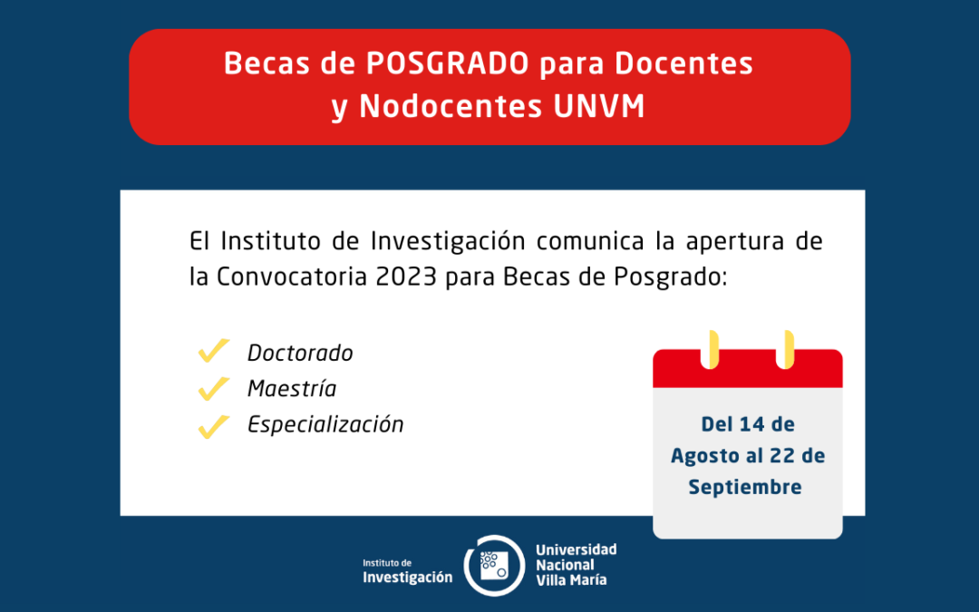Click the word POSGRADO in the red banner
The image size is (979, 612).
point(448,63)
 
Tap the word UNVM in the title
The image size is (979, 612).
point(599,106)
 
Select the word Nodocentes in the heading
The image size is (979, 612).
point(451,106)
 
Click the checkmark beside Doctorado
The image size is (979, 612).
point(214,351)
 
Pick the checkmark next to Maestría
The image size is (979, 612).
point(214,388)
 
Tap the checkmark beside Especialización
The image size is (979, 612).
point(214,426)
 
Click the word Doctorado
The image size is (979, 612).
point(300,353)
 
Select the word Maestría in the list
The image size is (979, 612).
point(292,388)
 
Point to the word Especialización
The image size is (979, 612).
point(326,424)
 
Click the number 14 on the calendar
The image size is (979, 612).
point(751,424)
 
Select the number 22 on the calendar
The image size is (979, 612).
point(781,456)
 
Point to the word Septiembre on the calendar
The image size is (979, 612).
point(745,488)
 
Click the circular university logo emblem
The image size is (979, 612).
point(494,566)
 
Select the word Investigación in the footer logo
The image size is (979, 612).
point(408,578)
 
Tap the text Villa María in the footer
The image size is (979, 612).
point(571,580)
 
